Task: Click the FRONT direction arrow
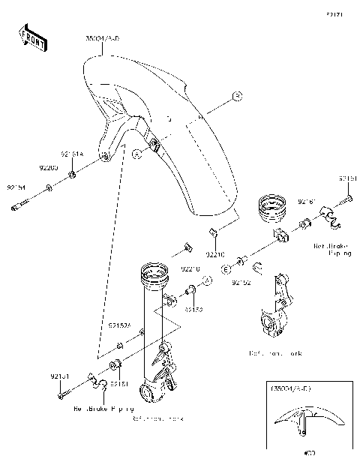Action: click(31, 38)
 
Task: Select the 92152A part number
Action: click(120, 326)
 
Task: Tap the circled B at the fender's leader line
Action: click(235, 95)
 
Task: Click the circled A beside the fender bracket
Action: click(136, 153)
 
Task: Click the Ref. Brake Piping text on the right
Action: click(333, 249)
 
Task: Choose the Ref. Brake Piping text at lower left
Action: click(102, 410)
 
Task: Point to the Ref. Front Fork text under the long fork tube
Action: click(157, 418)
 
